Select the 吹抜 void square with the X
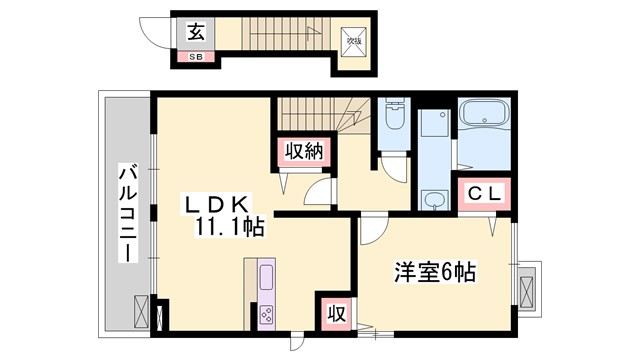(354, 42)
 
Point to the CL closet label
(484, 192)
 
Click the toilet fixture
(392, 120)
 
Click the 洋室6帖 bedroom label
(434, 271)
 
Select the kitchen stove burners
(268, 312)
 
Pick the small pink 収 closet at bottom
(335, 313)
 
